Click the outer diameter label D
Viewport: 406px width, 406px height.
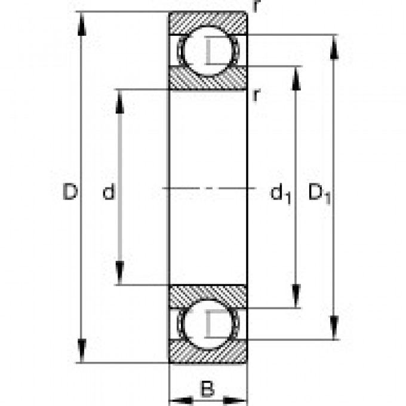tap(70, 192)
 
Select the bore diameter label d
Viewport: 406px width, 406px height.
tap(108, 192)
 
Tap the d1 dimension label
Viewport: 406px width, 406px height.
tap(281, 193)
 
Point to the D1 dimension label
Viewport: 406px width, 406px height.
tap(319, 193)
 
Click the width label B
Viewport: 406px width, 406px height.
tap(207, 390)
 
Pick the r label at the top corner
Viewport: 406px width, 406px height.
tap(255, 6)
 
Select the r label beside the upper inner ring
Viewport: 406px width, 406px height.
tap(255, 94)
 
